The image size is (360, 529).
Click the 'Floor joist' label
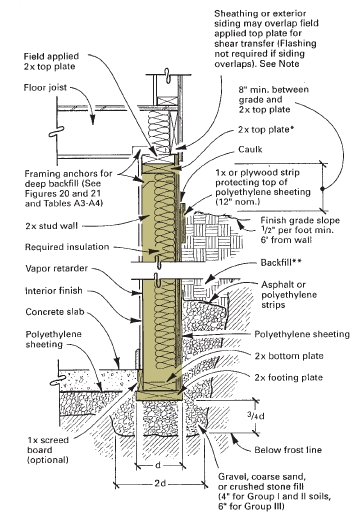point(45,88)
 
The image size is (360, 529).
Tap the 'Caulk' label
point(250,149)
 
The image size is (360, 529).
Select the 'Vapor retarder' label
point(56,269)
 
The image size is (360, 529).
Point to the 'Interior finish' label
point(54,290)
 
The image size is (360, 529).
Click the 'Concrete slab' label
point(55,312)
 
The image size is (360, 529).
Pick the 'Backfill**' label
point(281,262)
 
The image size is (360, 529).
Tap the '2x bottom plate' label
point(289,356)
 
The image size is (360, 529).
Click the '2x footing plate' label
point(289,377)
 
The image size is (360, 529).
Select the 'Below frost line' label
point(288,450)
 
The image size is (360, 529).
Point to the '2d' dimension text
point(160,483)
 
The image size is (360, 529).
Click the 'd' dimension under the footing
point(158,465)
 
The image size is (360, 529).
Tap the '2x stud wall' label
point(52,226)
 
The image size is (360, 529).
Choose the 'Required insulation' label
point(67,247)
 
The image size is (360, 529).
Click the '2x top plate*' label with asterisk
point(264,130)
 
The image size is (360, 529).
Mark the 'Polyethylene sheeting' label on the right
point(302,334)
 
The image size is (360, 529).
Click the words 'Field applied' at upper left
point(51,56)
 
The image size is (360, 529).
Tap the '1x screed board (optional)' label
point(48,450)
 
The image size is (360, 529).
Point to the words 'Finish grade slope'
point(300,220)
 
